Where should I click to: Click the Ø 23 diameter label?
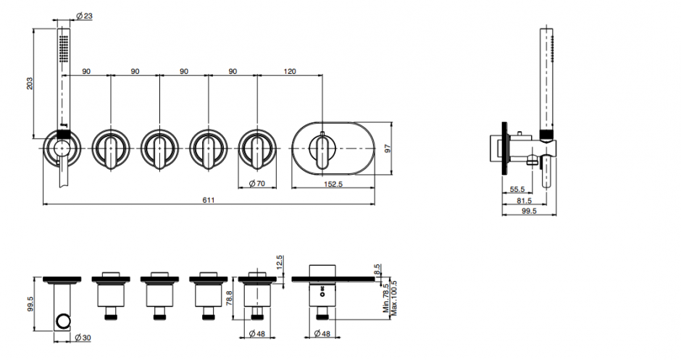click(84, 16)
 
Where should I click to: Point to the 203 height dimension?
click(29, 83)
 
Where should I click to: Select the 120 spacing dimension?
click(290, 71)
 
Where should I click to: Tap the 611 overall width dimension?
click(209, 200)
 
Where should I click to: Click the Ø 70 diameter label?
click(257, 184)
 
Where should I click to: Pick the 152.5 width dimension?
click(333, 184)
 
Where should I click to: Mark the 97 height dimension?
click(388, 148)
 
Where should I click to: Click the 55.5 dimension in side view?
click(517, 189)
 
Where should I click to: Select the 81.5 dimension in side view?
click(525, 201)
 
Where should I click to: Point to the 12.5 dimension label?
click(279, 263)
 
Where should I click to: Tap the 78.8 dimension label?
click(230, 298)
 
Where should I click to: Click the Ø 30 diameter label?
click(83, 338)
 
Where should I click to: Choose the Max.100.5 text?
click(394, 298)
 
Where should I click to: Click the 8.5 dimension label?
click(377, 269)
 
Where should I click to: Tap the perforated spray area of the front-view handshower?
click(64, 48)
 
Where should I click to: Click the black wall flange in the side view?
click(504, 148)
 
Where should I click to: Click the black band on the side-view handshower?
click(546, 135)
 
